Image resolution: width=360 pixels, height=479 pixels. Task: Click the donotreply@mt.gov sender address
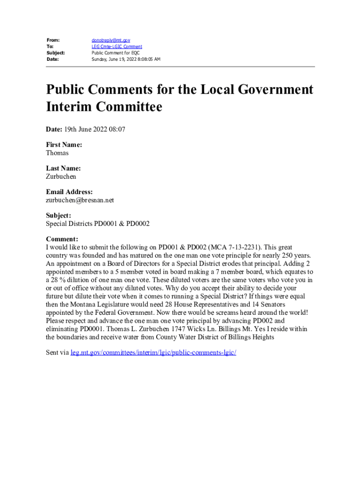click(110, 41)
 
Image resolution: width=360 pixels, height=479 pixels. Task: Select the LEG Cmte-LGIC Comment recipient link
click(116, 47)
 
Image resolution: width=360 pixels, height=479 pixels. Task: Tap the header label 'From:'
click(53, 41)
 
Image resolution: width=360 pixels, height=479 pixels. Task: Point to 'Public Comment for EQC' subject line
click(115, 53)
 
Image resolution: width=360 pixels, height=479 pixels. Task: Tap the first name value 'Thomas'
click(57, 153)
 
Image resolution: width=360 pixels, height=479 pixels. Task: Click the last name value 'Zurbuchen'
click(61, 177)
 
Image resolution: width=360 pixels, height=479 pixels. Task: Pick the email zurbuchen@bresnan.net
click(80, 200)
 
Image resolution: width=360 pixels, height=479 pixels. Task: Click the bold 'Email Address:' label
click(69, 192)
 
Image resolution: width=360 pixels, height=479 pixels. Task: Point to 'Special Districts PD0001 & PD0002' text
click(98, 224)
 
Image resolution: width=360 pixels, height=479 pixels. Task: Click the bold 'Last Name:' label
click(63, 168)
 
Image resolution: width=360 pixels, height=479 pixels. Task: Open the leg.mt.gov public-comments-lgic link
click(153, 352)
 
